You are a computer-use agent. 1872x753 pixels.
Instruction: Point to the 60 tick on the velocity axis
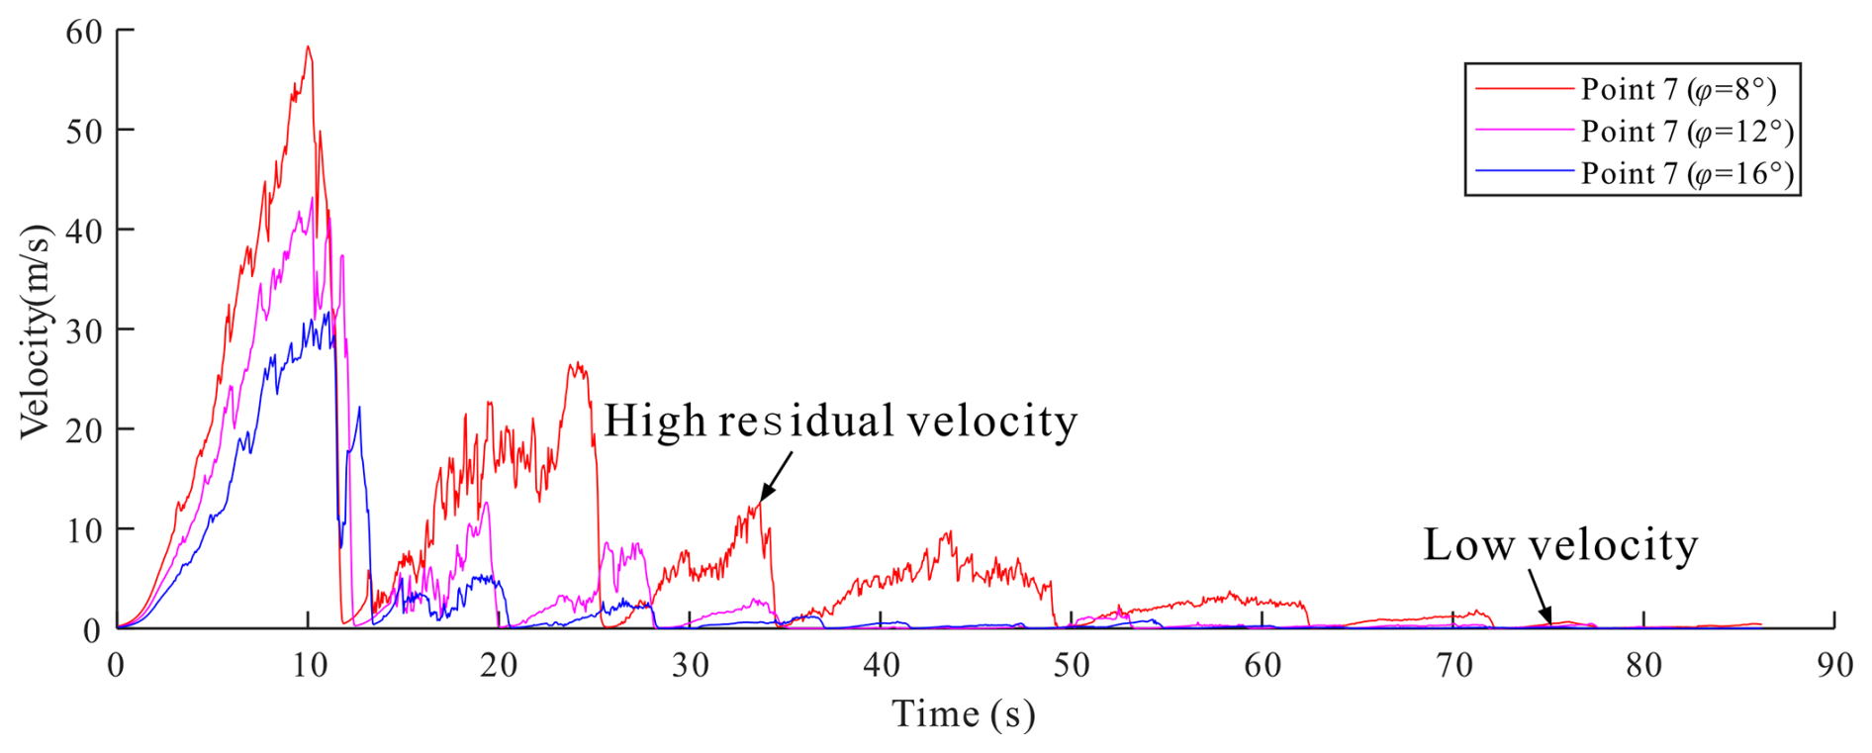[x=84, y=32]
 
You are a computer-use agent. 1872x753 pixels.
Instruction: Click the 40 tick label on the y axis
[x=84, y=232]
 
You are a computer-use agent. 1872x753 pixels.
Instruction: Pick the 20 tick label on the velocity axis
[x=84, y=430]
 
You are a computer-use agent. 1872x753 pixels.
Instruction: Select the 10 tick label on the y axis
[x=84, y=530]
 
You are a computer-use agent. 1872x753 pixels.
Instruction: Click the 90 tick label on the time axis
[x=1834, y=665]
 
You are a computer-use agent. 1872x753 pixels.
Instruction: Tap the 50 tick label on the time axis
[x=1071, y=665]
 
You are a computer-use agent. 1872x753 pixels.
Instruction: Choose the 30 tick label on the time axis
[x=690, y=665]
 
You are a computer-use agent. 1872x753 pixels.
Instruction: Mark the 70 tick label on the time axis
[x=1453, y=665]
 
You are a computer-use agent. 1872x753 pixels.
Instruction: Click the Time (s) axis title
[x=963, y=713]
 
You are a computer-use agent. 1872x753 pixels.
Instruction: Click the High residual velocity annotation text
[x=839, y=422]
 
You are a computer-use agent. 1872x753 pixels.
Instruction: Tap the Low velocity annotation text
[x=1560, y=545]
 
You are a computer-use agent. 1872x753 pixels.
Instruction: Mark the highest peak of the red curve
[x=308, y=47]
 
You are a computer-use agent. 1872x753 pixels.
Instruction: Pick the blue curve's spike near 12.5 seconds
[x=359, y=407]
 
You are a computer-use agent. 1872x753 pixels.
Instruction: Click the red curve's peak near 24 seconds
[x=575, y=364]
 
